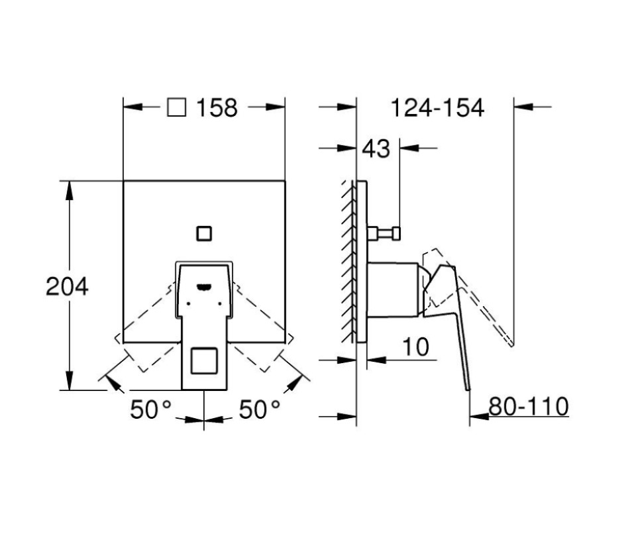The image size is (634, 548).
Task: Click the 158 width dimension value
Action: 216,107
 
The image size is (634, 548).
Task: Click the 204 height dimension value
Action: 67,286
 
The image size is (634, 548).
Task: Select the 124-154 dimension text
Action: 437,107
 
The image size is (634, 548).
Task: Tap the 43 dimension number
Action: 376,149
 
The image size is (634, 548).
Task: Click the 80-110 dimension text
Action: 529,406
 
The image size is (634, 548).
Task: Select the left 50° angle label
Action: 151,410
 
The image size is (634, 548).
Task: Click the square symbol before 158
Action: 176,107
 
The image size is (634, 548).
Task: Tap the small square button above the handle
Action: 204,233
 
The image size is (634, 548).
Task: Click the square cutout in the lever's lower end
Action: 203,361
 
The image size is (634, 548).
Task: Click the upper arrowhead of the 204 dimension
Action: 68,188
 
